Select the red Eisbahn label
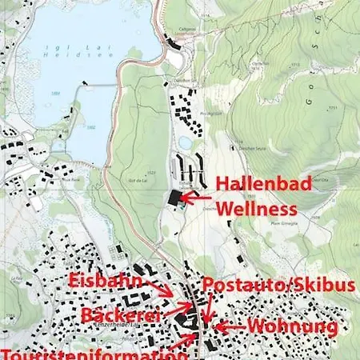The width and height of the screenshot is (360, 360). (x=106, y=281)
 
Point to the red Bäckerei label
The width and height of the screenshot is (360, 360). (x=120, y=315)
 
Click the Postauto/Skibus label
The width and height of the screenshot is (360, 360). (x=280, y=286)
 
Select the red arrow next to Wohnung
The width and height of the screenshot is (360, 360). (x=230, y=326)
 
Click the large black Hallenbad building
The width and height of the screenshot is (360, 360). (x=175, y=198)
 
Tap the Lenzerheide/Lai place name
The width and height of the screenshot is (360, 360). (x=135, y=327)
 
